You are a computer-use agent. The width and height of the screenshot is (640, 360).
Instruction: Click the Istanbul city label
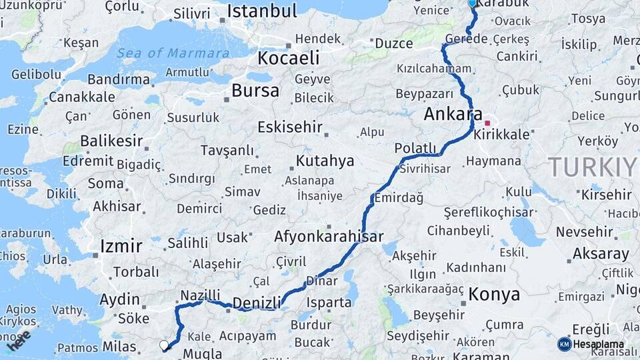[261, 11]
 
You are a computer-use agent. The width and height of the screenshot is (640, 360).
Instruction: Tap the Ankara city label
[453, 115]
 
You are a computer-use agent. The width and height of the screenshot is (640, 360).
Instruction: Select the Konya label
[494, 294]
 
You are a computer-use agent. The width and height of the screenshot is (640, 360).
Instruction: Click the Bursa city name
[255, 91]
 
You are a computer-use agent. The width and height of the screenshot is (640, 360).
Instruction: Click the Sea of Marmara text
[173, 53]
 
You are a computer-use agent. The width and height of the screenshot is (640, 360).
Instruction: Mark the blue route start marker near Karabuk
[472, 3]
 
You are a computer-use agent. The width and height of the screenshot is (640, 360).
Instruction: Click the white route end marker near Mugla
[164, 345]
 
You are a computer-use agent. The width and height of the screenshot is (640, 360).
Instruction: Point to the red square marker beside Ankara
[488, 123]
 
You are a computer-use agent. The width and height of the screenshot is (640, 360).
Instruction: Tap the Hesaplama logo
[591, 344]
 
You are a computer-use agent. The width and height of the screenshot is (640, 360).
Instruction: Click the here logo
[18, 340]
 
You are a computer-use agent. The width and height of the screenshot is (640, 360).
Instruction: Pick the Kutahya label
[325, 161]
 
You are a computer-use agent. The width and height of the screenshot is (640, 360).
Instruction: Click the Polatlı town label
[415, 148]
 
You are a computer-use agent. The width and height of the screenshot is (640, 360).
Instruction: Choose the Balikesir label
[111, 141]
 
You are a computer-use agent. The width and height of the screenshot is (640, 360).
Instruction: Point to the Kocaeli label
[289, 58]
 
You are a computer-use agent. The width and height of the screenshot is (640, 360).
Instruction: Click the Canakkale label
[82, 97]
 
